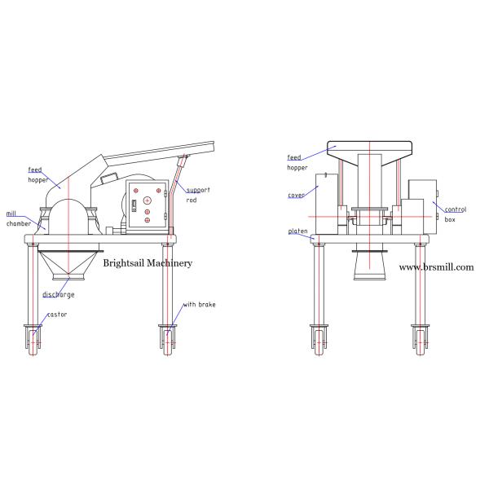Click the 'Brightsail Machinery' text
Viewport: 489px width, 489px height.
(x=148, y=263)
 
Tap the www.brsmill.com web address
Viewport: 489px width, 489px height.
(x=436, y=267)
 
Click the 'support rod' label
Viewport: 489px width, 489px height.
(x=198, y=195)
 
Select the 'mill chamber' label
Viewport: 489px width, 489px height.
(x=19, y=219)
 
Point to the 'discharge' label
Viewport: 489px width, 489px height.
(x=59, y=295)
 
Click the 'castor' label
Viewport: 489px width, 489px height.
(x=57, y=315)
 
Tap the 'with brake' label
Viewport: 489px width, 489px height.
(x=199, y=304)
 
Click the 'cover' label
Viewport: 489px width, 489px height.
(x=296, y=196)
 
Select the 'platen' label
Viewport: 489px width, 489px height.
(x=297, y=231)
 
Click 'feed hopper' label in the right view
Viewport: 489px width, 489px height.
(x=297, y=162)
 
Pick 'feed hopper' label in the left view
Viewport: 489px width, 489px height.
(x=38, y=174)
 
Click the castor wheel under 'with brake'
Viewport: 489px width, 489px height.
(x=167, y=342)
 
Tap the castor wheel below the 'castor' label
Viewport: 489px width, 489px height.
(x=33, y=342)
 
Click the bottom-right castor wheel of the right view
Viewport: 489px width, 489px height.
(x=421, y=342)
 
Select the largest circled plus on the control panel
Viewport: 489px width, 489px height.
(x=147, y=200)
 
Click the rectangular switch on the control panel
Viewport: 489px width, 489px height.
(x=134, y=205)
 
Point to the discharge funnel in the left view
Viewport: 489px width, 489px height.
(x=69, y=262)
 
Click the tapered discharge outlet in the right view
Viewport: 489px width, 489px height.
(x=369, y=266)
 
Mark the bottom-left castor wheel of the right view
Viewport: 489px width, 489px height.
(x=319, y=342)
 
